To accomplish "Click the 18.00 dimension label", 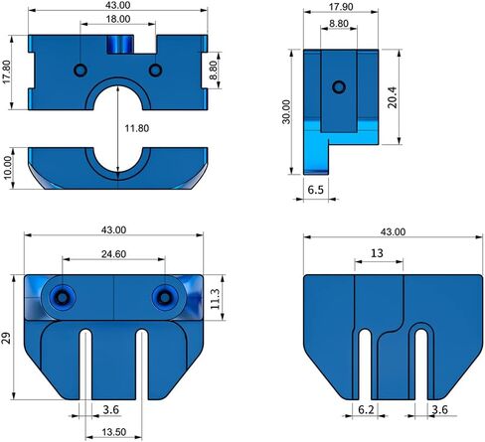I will tap(117, 19).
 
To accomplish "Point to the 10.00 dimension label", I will tap(10, 165).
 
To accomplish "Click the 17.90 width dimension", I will tap(338, 7).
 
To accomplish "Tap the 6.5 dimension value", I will tap(316, 188).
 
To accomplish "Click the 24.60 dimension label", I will tap(112, 254).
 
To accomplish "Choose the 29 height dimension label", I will tap(8, 338).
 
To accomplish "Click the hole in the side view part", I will tap(339, 86).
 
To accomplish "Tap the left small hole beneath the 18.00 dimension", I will tap(80, 70).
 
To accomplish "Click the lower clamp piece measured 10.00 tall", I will tap(117, 166).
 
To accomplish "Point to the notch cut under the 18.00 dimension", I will tap(119, 45).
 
